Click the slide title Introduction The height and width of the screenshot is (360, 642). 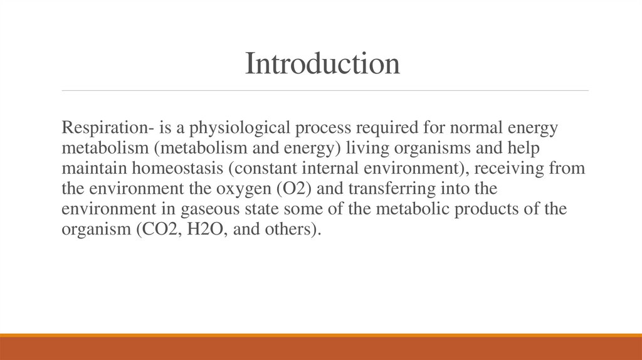coord(322,63)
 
